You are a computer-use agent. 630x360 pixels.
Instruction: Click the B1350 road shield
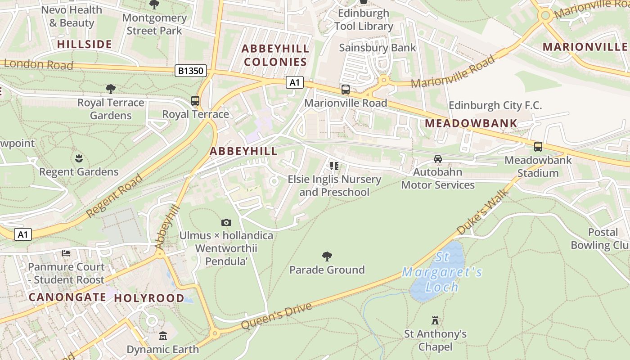(x=191, y=71)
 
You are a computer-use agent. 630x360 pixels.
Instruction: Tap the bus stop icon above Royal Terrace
(x=195, y=101)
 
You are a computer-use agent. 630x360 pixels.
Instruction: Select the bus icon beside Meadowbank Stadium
(x=538, y=146)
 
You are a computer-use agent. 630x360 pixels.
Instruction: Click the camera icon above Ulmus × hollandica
(x=226, y=222)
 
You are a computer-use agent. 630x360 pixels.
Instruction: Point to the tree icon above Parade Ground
(x=327, y=256)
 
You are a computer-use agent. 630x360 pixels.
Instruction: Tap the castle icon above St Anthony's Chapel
(x=435, y=320)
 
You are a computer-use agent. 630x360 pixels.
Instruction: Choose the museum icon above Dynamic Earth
(x=162, y=336)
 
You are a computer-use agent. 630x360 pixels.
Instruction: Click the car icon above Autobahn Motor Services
(x=437, y=158)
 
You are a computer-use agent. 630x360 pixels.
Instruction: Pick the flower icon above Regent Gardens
(x=79, y=158)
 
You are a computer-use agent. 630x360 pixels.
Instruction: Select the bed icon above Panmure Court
(x=66, y=253)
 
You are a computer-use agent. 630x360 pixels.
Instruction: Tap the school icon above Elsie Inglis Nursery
(x=334, y=166)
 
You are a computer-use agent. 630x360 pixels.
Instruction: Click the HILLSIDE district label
(x=85, y=44)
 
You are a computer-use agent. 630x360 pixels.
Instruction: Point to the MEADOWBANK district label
(x=471, y=123)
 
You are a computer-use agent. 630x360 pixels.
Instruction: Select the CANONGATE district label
(x=67, y=297)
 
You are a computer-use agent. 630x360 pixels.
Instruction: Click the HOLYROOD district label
(x=149, y=298)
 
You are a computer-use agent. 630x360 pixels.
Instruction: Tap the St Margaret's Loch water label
(x=442, y=272)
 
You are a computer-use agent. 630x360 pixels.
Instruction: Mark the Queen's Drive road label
(x=276, y=316)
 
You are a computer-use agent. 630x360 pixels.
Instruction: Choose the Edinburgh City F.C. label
(x=495, y=106)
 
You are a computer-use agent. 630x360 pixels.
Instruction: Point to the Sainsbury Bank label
(x=378, y=48)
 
